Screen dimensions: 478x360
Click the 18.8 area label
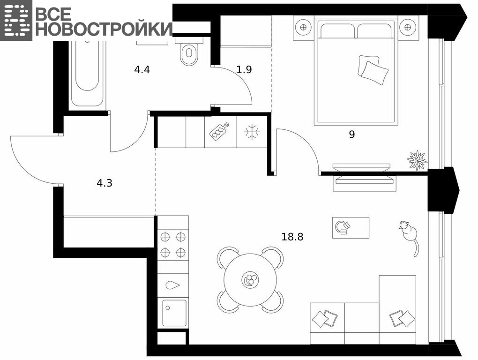point(292,237)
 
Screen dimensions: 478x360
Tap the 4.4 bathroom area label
point(142,70)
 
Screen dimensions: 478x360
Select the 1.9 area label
point(244,70)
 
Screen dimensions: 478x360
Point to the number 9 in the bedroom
point(352,134)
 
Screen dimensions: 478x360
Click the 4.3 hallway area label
point(104,183)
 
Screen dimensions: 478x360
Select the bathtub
point(87,73)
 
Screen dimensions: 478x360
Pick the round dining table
point(250,280)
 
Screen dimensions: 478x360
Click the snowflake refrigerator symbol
point(252,132)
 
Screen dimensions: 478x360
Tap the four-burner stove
point(173,244)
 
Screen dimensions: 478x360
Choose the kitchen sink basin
point(174,313)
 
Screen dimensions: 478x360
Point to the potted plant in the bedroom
point(417,160)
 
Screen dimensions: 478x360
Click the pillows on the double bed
point(373,70)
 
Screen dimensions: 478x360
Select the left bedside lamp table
point(303,28)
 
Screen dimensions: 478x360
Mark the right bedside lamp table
point(408,28)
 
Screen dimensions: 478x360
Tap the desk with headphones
point(351,227)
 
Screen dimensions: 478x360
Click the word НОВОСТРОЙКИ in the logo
point(104,29)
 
